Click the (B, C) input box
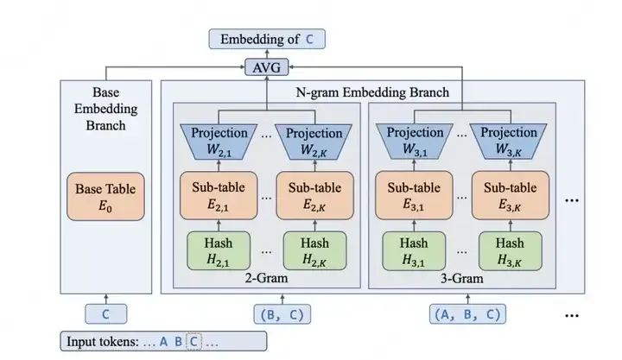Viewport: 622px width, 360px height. coord(280,313)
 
